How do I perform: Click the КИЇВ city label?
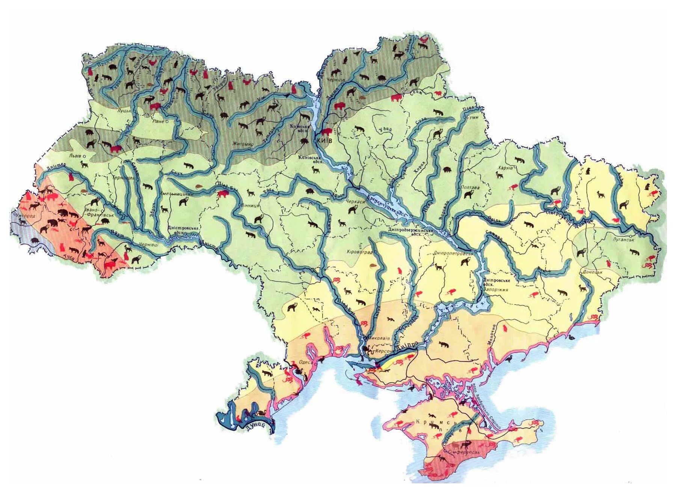(x=325, y=140)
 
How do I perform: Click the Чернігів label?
(x=336, y=80)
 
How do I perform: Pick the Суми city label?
(x=472, y=117)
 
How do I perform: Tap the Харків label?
(x=505, y=168)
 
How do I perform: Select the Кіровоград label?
(x=359, y=252)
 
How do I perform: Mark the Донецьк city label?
(x=592, y=272)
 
